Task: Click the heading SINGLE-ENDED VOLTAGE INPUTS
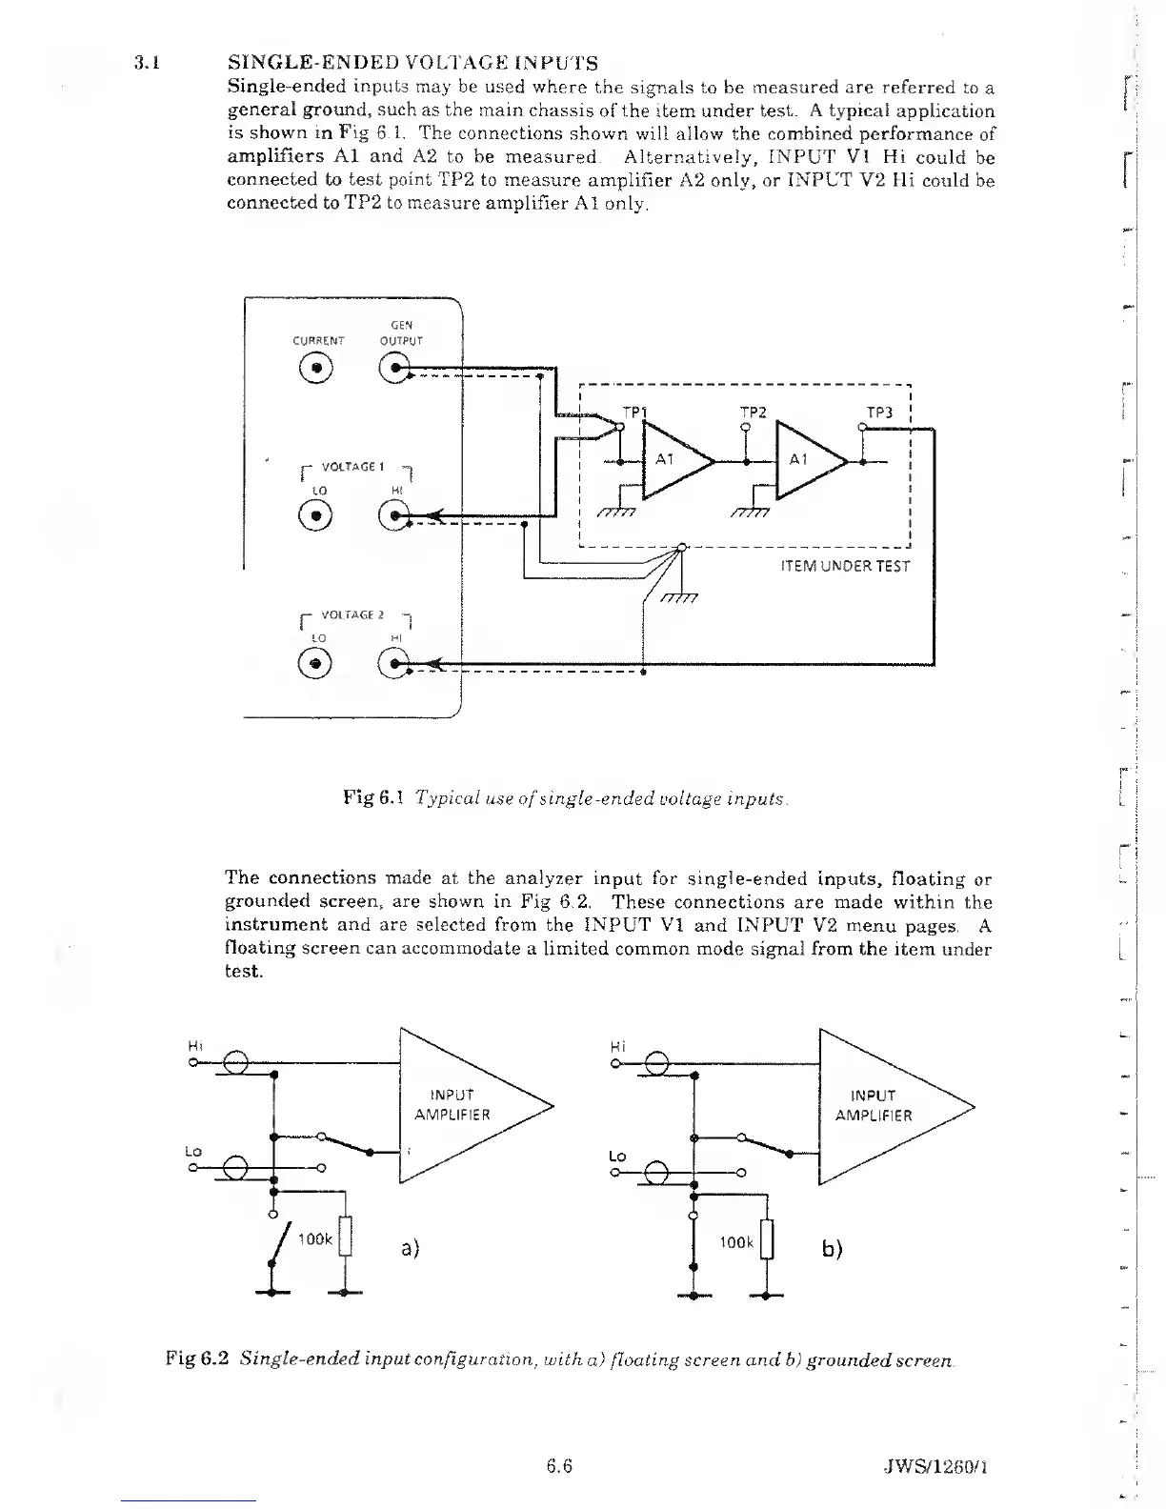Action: pyautogui.click(x=413, y=64)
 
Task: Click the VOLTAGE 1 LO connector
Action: pyautogui.click(x=318, y=514)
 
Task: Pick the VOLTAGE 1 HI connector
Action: pyautogui.click(x=394, y=514)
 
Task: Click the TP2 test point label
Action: pyautogui.click(x=754, y=412)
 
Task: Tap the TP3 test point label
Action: pyautogui.click(x=879, y=412)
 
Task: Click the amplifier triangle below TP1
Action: pyautogui.click(x=675, y=461)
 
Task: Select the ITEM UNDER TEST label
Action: pyautogui.click(x=845, y=566)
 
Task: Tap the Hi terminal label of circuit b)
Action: pyautogui.click(x=616, y=1046)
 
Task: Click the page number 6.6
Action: pyautogui.click(x=559, y=1466)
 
